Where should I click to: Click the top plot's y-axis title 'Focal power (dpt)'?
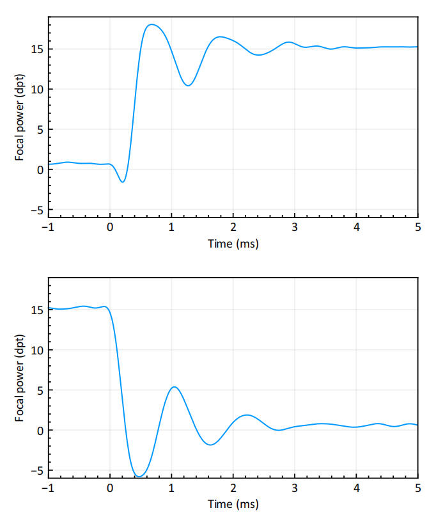point(20,118)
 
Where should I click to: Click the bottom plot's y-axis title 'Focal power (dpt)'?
point(20,378)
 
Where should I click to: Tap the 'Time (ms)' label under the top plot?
point(233,244)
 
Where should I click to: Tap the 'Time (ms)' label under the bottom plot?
point(233,504)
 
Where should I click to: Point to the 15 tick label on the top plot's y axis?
point(37,49)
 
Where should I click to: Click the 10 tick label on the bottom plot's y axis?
point(37,350)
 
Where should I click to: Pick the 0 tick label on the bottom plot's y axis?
point(40,430)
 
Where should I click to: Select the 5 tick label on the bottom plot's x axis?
point(417,488)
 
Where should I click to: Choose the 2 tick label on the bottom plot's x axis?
point(233,488)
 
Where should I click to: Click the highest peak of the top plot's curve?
point(152,24)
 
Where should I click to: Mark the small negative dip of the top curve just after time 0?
point(123,182)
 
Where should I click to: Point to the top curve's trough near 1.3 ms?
point(188,86)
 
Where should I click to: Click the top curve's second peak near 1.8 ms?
point(220,36)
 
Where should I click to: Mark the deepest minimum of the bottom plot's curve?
point(139,476)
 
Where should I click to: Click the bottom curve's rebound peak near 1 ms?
point(174,386)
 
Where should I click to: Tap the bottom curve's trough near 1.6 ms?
point(210,445)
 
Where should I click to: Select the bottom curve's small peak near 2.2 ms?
point(247,415)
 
